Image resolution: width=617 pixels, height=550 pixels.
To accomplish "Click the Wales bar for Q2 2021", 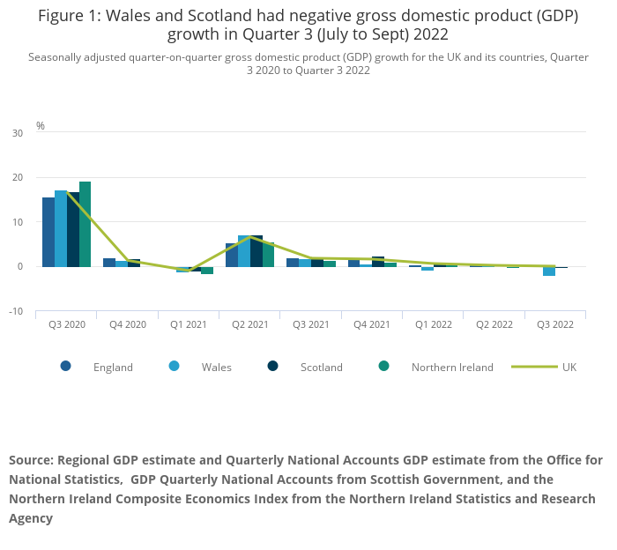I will [x=244, y=251].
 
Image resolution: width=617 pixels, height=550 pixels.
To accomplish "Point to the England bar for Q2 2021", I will [x=232, y=255].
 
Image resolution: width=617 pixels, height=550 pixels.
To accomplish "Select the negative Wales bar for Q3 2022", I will [x=549, y=271].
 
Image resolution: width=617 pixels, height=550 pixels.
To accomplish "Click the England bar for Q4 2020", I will [x=109, y=262].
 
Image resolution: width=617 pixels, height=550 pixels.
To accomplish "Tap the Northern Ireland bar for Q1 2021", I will [x=207, y=270].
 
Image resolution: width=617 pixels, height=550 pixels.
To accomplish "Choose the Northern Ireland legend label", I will [x=452, y=367].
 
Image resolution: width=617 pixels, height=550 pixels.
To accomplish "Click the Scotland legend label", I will [x=322, y=367].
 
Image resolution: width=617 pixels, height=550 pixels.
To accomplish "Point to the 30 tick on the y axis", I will [x=18, y=133].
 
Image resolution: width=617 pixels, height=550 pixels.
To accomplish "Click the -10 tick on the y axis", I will [x=16, y=311].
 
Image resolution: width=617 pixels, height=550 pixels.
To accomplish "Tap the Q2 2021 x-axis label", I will [x=250, y=324].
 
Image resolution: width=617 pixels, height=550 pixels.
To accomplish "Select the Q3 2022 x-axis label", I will [x=555, y=324].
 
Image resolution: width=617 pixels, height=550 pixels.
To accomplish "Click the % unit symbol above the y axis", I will [x=41, y=126].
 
